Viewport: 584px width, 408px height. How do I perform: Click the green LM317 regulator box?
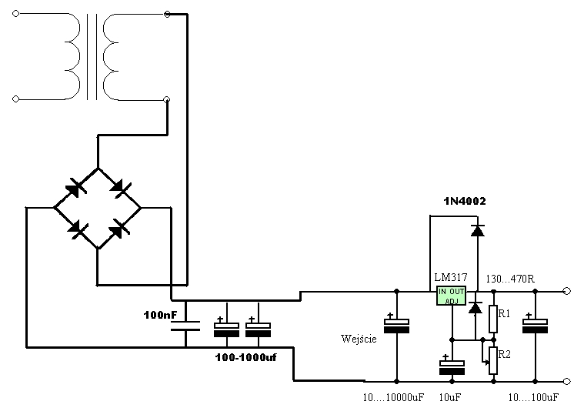451,296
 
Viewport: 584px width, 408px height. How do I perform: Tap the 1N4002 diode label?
465,201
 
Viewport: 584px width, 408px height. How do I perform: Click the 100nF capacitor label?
161,315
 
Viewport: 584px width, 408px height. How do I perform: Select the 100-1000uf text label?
245,358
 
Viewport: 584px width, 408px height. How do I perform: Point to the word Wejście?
359,339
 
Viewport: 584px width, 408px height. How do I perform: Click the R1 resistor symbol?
493,319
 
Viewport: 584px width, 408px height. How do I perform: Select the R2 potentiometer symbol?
492,360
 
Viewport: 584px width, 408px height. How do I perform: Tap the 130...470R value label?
510,279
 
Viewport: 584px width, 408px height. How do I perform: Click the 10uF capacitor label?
449,397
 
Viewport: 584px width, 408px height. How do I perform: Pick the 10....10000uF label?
393,397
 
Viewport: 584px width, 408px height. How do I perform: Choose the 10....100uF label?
533,397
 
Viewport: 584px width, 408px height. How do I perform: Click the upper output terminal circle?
567,291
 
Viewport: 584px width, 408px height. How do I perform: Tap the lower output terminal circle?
567,381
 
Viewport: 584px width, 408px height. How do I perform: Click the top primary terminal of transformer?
15,14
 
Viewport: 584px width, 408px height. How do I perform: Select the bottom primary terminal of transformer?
15,99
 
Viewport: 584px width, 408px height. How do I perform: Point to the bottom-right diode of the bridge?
120,229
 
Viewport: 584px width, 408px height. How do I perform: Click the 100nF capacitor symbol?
185,326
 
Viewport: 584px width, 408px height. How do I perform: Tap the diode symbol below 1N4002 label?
478,231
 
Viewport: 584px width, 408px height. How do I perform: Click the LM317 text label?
451,278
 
